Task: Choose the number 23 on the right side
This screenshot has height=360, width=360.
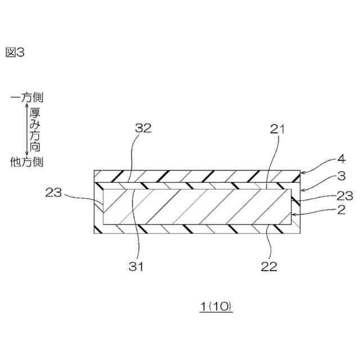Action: pyautogui.click(x=344, y=196)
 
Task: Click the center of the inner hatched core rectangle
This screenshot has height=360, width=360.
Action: pyautogui.click(x=197, y=207)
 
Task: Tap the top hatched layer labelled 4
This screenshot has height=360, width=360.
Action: pyautogui.click(x=197, y=175)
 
